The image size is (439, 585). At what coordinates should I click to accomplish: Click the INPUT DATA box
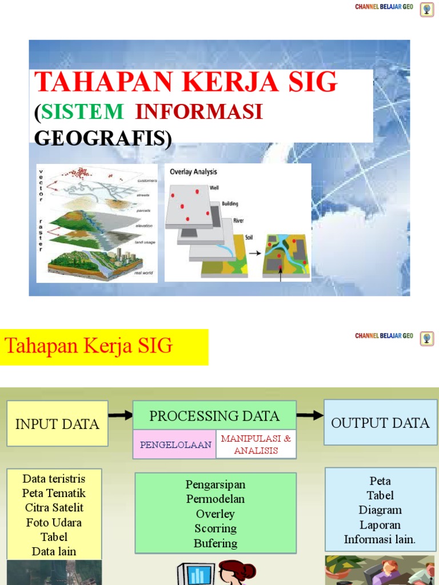(57, 423)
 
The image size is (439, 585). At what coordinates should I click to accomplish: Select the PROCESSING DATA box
(214, 416)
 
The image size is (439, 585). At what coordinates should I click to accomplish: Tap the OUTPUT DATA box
(380, 423)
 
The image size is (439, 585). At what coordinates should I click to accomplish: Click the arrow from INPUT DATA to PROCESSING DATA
(120, 416)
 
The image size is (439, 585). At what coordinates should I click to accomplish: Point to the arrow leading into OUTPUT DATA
(310, 416)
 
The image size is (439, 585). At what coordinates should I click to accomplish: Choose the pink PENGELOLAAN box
(175, 444)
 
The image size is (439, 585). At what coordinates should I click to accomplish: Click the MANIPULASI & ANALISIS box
(256, 444)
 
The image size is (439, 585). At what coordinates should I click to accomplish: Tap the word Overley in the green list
(215, 514)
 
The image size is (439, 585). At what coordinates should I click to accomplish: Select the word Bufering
(215, 543)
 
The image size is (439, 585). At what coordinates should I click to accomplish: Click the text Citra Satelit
(54, 507)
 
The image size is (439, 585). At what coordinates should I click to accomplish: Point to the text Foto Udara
(54, 522)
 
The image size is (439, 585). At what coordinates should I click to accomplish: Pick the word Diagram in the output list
(380, 510)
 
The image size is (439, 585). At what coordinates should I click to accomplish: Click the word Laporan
(380, 524)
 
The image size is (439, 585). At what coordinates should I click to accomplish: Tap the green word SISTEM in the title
(82, 111)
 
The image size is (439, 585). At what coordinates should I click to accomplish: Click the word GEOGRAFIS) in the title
(103, 138)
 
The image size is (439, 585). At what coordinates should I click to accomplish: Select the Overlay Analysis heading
(193, 171)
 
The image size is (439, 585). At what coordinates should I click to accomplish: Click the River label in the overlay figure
(238, 220)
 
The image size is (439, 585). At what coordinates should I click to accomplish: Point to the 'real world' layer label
(144, 273)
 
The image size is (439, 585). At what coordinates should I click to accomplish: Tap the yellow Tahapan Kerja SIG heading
(89, 346)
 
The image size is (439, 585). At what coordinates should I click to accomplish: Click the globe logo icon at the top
(426, 10)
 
